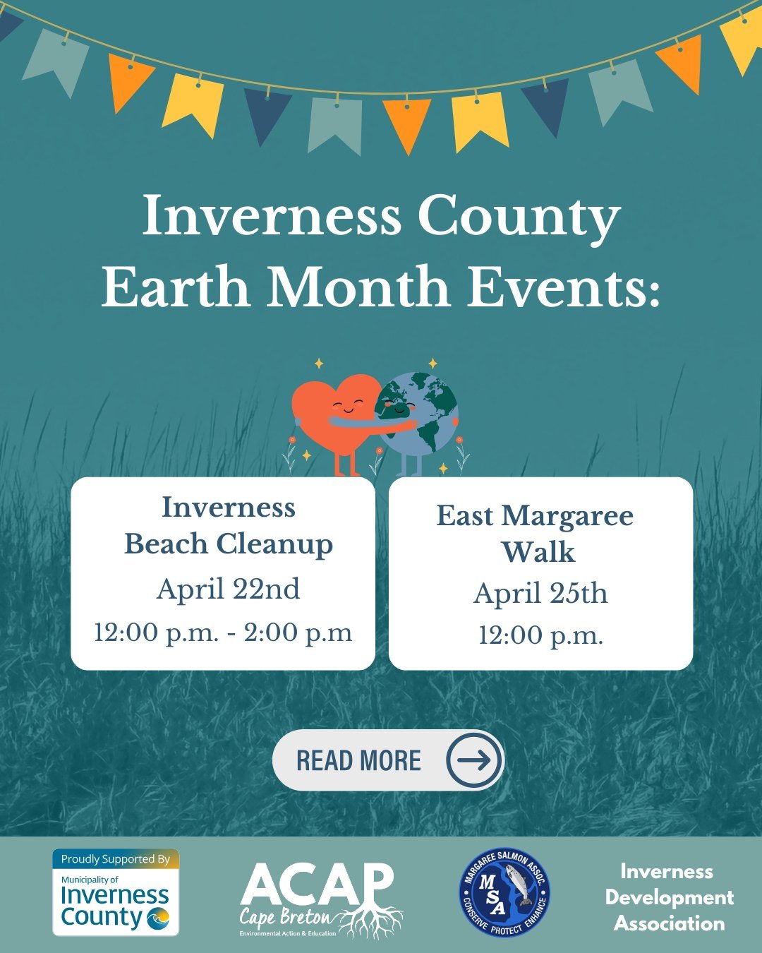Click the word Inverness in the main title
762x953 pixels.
point(272,217)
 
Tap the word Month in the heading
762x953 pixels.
point(358,288)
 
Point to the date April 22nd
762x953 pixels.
point(228,589)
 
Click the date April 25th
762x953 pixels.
point(540,594)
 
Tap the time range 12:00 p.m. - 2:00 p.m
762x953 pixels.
point(223,633)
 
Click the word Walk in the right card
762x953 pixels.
point(538,553)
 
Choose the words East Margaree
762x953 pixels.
point(535,516)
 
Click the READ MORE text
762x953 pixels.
point(358,761)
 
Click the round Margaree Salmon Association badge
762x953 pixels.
point(504,893)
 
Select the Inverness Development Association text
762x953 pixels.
point(669,897)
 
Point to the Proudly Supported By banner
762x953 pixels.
point(116,859)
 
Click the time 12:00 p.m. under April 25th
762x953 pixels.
point(540,636)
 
